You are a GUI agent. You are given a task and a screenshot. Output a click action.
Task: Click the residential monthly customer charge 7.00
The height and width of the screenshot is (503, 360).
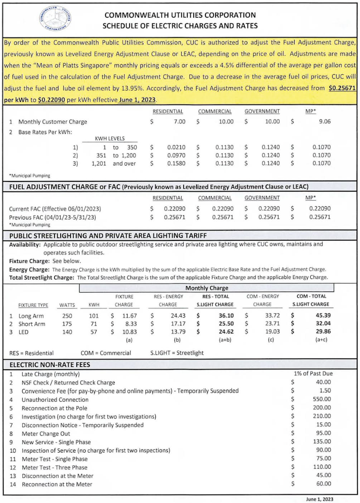pos(176,122)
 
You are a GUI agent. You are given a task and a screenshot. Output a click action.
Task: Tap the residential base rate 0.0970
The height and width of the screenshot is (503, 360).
pos(176,155)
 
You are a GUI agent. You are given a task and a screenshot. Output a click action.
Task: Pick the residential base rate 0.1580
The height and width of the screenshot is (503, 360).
pos(176,163)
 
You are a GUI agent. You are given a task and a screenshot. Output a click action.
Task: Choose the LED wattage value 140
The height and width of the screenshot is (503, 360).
pos(67,332)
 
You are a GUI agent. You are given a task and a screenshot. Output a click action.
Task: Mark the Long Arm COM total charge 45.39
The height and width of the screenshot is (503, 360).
pos(322,316)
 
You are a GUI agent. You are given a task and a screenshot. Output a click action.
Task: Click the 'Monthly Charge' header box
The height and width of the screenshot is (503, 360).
pos(207,288)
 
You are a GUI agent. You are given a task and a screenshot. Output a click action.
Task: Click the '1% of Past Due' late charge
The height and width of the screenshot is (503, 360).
pos(314,374)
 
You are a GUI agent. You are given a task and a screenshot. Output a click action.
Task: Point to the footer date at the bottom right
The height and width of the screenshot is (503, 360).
pos(320,499)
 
